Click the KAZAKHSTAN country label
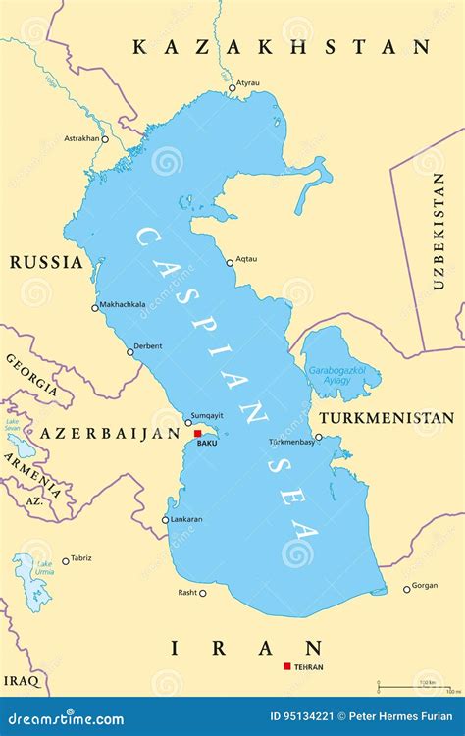point(281,46)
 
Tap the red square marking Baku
point(197,433)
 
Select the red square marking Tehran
point(286,666)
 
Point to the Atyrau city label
point(249,84)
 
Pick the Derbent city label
point(148,344)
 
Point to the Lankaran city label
point(186,519)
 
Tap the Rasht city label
point(186,592)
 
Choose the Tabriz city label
point(81,558)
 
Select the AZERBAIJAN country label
point(109,433)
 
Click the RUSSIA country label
point(46,262)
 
